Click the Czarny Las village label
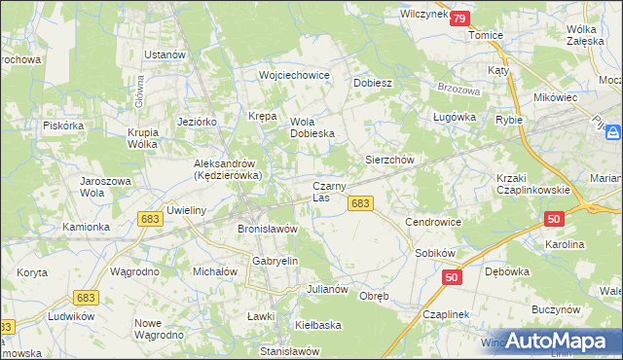[325, 192]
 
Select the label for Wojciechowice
[294, 75]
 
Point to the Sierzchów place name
[390, 159]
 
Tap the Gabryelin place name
[275, 262]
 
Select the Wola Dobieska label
[312, 127]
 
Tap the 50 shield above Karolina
[554, 221]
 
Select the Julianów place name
[327, 290]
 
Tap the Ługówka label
[454, 117]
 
